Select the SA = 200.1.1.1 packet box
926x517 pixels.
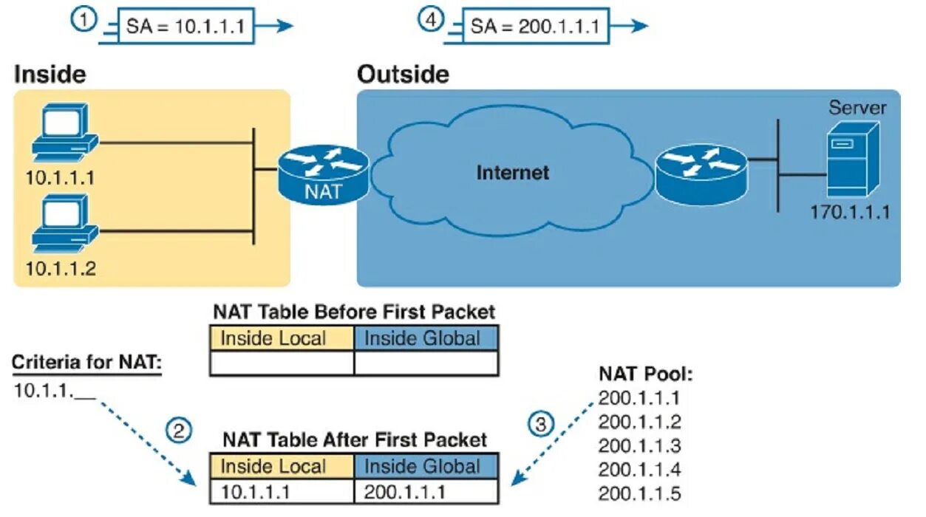click(534, 27)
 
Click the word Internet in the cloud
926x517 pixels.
click(512, 173)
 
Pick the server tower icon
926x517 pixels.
click(852, 159)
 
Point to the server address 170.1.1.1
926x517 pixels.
click(850, 213)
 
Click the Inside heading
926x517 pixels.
click(50, 74)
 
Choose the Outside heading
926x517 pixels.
click(403, 74)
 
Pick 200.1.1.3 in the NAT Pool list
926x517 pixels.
click(639, 446)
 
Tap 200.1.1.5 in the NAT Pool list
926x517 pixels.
click(639, 493)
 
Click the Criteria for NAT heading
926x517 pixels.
click(86, 363)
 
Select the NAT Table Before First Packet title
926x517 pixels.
click(354, 311)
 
